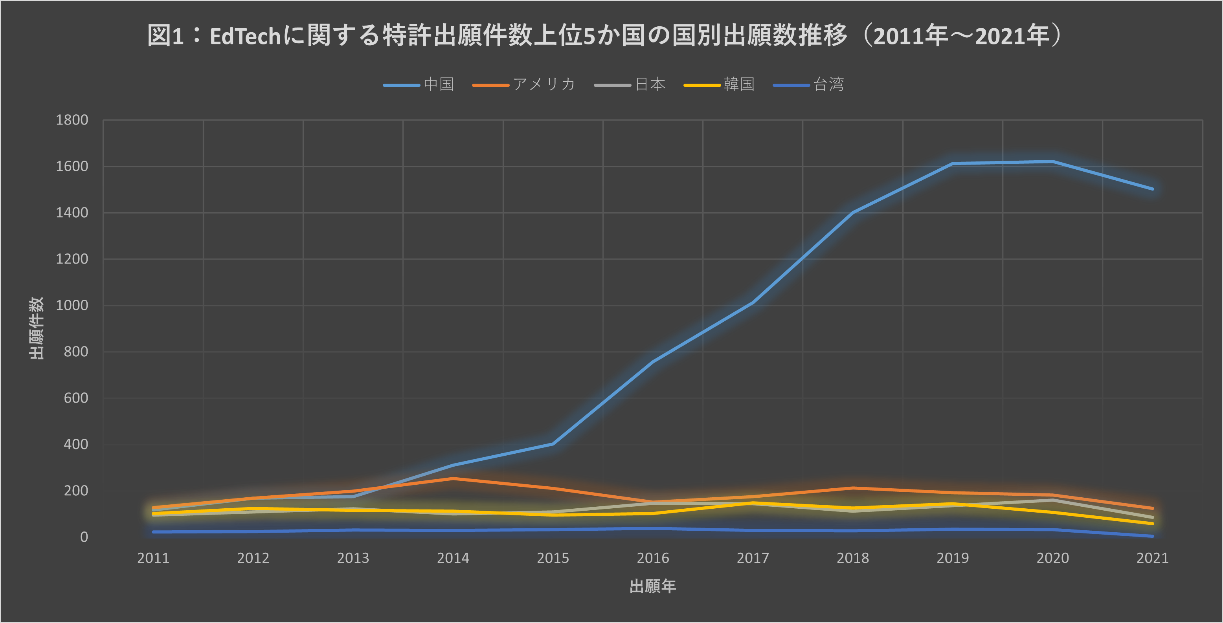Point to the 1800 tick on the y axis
pyautogui.click(x=72, y=120)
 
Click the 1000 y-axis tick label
pyautogui.click(x=72, y=306)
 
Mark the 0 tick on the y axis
pyautogui.click(x=84, y=537)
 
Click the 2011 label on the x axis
pyautogui.click(x=153, y=558)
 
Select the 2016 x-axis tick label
pyautogui.click(x=653, y=558)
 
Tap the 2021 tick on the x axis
pyautogui.click(x=1152, y=558)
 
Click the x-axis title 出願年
pyautogui.click(x=653, y=586)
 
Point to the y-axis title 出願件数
pyautogui.click(x=37, y=328)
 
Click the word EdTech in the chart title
pyautogui.click(x=246, y=37)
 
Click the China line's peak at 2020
pyautogui.click(x=1052, y=162)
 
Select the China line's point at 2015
pyautogui.click(x=553, y=443)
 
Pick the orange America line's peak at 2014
pyautogui.click(x=453, y=478)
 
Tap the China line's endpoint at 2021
pyautogui.click(x=1152, y=189)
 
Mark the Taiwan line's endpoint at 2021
pyautogui.click(x=1152, y=536)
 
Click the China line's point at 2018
pyautogui.click(x=853, y=213)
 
